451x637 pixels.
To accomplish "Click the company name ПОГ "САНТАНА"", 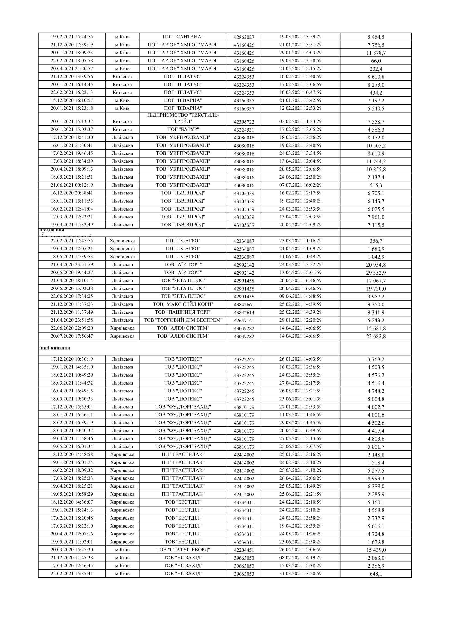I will (x=183, y=37).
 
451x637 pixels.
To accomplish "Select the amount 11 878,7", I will (x=376, y=53).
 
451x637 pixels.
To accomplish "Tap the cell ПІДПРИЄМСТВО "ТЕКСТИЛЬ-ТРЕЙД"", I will (x=183, y=118).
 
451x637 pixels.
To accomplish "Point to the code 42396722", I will (x=244, y=122).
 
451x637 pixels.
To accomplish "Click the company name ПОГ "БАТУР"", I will (x=183, y=130).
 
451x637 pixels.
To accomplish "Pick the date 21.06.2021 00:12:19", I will (x=72, y=185).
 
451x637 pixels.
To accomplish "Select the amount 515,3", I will (x=376, y=185).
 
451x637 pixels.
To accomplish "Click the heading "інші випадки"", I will (x=55, y=348).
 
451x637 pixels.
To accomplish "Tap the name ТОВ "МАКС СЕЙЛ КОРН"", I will (x=183, y=304).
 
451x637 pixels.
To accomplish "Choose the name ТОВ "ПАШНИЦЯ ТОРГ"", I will (x=183, y=312).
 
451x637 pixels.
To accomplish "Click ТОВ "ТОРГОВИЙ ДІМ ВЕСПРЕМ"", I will (x=183, y=320).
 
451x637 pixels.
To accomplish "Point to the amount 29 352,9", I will (x=376, y=273).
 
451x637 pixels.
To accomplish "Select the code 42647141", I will (x=244, y=321).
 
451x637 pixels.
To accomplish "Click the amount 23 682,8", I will (x=376, y=336).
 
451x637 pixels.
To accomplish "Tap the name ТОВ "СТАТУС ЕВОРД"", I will (x=183, y=550).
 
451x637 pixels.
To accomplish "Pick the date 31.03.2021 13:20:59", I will (x=300, y=574).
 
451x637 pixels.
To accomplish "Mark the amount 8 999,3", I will (x=376, y=478).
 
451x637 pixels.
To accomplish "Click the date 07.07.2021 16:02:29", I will (x=300, y=185).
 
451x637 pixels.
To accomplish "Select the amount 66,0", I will (x=376, y=61).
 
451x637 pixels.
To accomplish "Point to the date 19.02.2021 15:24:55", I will (x=72, y=37).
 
